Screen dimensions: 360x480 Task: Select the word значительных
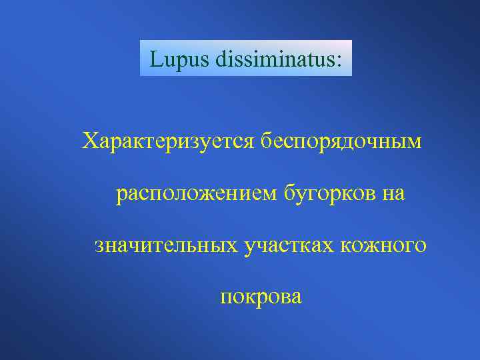tap(165, 245)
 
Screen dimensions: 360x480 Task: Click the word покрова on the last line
tap(261, 297)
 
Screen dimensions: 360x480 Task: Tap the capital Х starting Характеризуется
tap(90, 141)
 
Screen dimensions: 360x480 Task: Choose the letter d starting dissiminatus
tap(219, 59)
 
